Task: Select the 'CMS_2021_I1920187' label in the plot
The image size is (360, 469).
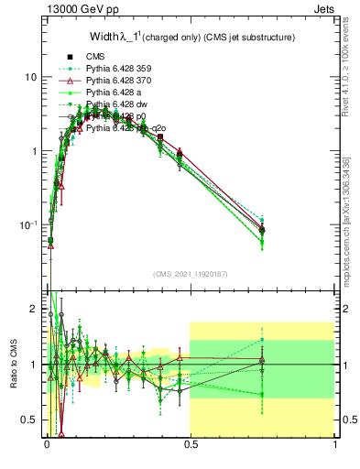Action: (190, 274)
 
